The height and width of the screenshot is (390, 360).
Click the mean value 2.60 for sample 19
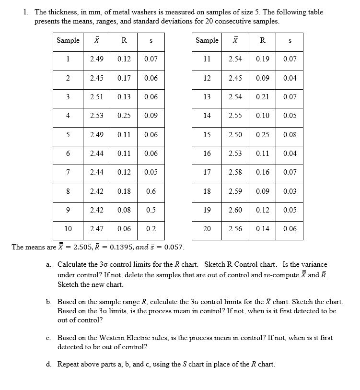pos(235,210)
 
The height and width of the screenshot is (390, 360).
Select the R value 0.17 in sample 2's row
pos(124,78)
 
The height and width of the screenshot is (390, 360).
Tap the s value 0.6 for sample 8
pos(151,191)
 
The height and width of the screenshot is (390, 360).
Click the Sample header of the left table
pos(68,41)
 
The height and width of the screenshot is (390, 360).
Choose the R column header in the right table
pos(262,41)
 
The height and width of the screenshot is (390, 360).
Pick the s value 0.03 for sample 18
pos(290,191)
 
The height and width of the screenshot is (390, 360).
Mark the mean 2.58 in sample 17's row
pos(235,172)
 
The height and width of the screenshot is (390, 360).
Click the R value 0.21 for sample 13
pos(262,97)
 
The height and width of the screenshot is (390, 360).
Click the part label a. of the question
pos(49,265)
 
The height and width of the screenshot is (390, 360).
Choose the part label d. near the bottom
pos(49,364)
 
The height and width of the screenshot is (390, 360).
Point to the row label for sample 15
pos(207,135)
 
